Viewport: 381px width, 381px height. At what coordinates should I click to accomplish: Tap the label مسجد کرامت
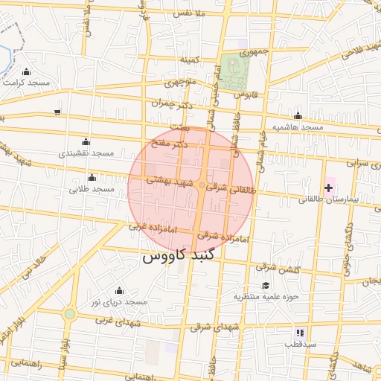pos(26,83)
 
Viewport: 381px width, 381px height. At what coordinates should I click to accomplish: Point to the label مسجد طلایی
pos(92,189)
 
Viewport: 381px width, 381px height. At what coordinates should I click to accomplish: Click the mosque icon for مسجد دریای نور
pos(119,290)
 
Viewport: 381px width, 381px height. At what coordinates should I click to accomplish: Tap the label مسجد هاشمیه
pos(298,127)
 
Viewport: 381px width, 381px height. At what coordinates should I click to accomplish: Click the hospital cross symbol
pos(328,188)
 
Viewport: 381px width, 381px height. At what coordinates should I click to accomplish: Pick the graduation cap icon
pos(266,285)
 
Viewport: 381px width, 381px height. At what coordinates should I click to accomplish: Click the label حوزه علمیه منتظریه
pos(266,297)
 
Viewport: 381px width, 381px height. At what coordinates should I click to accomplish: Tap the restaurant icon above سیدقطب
pos(300,333)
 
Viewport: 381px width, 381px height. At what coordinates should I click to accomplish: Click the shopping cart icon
pos(57,112)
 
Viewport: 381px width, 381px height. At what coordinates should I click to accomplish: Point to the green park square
pos(238,69)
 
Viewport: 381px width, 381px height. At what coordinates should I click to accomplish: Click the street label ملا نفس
pos(188,14)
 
